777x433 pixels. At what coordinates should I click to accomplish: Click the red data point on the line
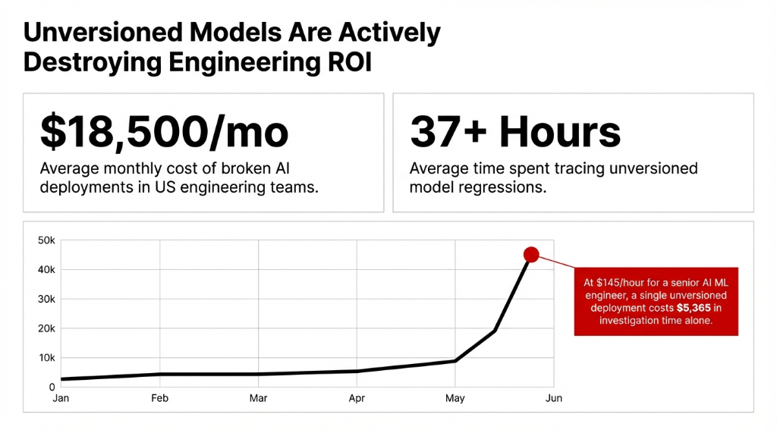click(531, 255)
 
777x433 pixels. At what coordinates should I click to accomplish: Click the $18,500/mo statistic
click(164, 133)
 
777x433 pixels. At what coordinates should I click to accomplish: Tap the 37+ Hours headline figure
click(515, 133)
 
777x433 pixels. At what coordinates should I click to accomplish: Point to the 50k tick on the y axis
click(46, 240)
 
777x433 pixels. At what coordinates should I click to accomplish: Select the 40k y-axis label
click(46, 270)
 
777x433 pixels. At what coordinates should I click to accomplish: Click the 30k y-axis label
click(46, 300)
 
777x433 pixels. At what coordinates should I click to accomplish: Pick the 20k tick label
click(46, 329)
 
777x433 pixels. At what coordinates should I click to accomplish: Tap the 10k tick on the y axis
click(46, 358)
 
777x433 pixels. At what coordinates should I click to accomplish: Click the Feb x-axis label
click(159, 399)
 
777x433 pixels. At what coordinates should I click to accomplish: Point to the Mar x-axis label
click(258, 399)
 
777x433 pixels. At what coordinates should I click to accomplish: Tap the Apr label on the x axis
click(357, 399)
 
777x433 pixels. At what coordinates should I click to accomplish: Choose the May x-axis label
click(455, 399)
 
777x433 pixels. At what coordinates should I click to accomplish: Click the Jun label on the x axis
click(554, 399)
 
